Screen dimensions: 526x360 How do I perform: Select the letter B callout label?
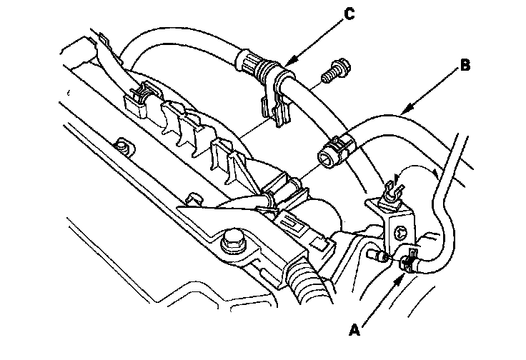[465, 66]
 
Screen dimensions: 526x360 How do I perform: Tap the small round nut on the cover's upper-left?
[124, 148]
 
